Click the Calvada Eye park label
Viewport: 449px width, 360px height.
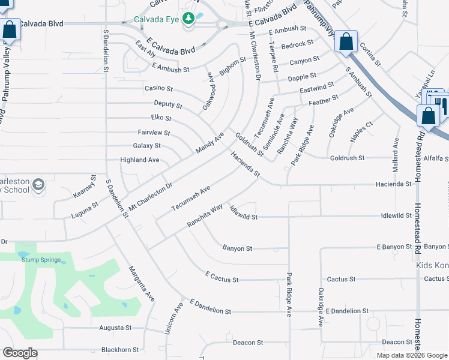[x=156, y=19]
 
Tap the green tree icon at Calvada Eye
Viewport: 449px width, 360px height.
[x=188, y=19]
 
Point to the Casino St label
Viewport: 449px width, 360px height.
[x=159, y=88]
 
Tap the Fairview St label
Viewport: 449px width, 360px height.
[x=154, y=133]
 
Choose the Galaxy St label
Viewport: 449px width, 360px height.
[x=146, y=146]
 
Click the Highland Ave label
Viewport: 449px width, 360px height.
[x=140, y=160]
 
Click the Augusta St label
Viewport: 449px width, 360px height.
[x=115, y=328]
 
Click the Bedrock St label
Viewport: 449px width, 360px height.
[x=297, y=44]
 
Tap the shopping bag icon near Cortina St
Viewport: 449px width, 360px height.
[x=346, y=41]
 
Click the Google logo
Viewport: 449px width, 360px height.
[x=20, y=353]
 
